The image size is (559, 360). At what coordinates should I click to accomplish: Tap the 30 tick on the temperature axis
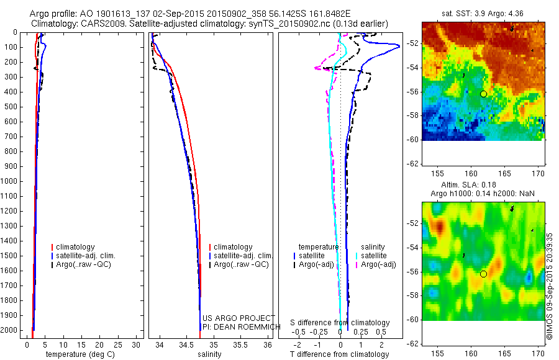[x=137, y=344]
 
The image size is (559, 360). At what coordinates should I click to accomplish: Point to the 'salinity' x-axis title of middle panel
[x=210, y=354]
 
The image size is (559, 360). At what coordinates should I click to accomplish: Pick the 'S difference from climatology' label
[x=340, y=323]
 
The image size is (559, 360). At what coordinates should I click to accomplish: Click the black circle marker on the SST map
[x=483, y=94]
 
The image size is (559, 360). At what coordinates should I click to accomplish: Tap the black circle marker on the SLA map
[x=483, y=274]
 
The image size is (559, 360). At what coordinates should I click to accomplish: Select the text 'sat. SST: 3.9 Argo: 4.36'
[x=482, y=13]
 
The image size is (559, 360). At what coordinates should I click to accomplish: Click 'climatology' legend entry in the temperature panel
[x=76, y=247]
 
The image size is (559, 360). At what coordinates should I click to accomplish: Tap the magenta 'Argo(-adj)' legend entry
[x=378, y=264]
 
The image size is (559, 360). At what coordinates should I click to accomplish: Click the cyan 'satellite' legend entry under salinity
[x=374, y=255]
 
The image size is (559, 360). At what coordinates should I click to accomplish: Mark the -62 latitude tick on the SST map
[x=411, y=163]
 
